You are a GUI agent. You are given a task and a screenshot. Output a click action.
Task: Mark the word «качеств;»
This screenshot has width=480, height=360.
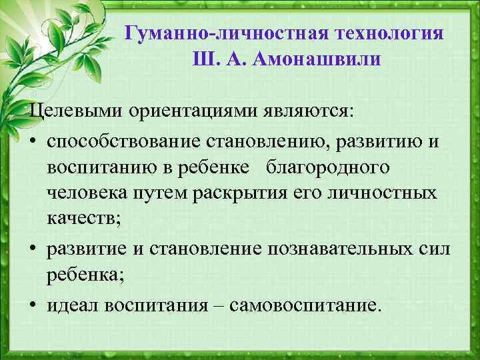[x=80, y=221]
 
